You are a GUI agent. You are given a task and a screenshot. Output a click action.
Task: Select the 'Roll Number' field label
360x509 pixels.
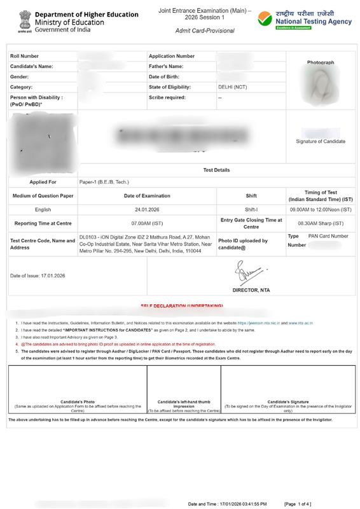pyautogui.click(x=24, y=56)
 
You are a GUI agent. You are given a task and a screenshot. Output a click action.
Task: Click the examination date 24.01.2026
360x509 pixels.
pyautogui.click(x=147, y=209)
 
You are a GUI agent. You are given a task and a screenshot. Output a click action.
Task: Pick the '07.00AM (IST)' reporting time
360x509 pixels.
pyautogui.click(x=147, y=223)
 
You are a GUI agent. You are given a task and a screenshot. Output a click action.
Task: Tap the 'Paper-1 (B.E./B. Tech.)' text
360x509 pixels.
pyautogui.click(x=106, y=182)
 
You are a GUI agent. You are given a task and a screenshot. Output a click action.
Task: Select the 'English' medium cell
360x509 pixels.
pyautogui.click(x=43, y=209)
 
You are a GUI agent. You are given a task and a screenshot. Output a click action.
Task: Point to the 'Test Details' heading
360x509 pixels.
pyautogui.click(x=216, y=170)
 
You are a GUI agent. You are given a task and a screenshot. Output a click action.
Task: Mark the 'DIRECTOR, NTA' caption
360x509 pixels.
pyautogui.click(x=253, y=289)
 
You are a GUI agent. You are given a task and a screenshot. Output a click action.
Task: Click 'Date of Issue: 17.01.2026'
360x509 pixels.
pyautogui.click(x=38, y=275)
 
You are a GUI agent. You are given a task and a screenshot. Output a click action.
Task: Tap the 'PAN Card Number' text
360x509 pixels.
pyautogui.click(x=328, y=236)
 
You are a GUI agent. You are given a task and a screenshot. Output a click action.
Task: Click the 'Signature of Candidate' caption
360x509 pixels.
pyautogui.click(x=321, y=141)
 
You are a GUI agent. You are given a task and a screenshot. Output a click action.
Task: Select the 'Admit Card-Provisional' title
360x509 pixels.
pyautogui.click(x=205, y=31)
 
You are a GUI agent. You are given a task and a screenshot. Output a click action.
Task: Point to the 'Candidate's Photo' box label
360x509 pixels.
pyautogui.click(x=78, y=402)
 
